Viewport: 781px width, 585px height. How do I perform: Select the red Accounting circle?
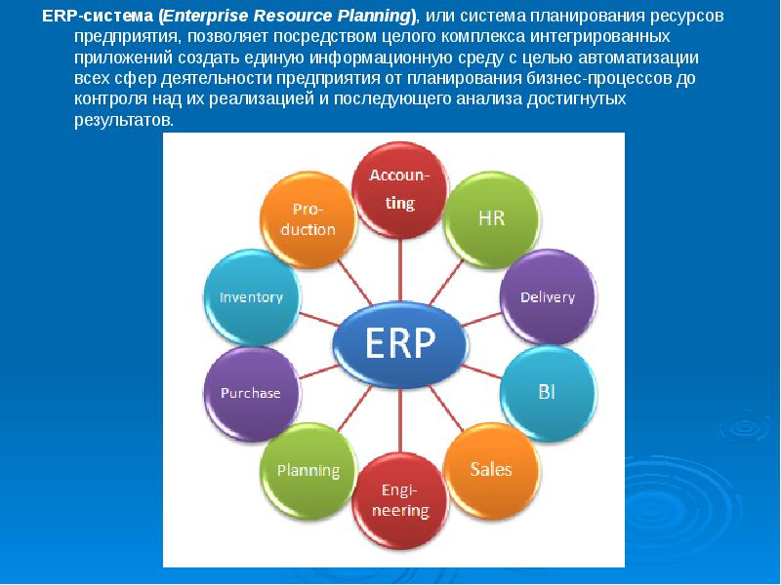400,189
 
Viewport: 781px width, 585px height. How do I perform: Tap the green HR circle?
492,219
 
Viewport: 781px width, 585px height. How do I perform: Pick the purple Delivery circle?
548,297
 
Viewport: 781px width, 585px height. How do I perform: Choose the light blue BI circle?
548,393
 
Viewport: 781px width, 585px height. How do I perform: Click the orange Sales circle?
492,470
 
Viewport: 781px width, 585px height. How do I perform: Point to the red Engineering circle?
400,500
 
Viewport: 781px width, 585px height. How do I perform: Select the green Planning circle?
308,471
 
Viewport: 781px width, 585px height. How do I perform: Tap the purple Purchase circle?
252,394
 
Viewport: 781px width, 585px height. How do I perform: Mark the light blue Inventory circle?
252,297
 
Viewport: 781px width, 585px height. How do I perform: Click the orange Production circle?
308,219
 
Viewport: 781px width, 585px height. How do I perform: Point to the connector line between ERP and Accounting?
400,270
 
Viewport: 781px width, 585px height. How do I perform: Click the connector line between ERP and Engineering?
400,420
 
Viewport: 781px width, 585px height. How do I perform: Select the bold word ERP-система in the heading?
98,17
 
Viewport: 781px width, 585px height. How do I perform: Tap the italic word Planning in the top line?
374,17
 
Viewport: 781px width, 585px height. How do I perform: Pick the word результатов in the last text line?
124,120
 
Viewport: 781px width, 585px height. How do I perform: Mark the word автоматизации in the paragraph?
638,58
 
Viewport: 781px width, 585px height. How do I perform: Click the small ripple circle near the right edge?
745,426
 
